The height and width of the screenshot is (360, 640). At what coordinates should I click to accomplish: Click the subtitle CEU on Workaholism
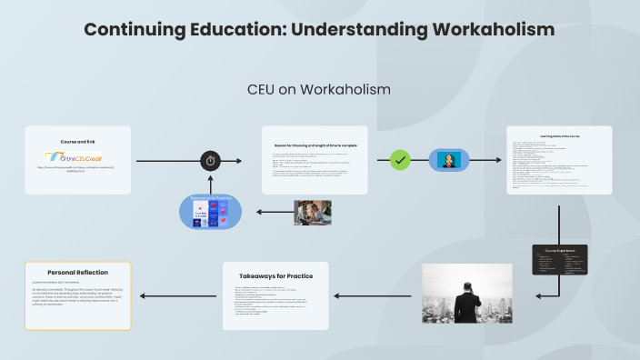319,89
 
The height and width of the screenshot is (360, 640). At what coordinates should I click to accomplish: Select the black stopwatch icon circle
211,161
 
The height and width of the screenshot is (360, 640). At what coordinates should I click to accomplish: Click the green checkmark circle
400,160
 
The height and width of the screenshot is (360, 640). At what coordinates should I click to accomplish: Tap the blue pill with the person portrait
449,160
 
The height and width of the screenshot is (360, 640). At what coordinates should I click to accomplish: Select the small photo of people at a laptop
313,212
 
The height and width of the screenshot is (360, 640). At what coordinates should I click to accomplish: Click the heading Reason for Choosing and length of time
315,145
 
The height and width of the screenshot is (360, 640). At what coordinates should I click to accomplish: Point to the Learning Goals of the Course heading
559,136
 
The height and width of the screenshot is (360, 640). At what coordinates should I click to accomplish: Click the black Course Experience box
559,260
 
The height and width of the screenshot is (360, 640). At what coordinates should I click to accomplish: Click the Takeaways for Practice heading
276,275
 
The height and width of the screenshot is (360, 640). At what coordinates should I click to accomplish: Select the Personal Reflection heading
77,271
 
